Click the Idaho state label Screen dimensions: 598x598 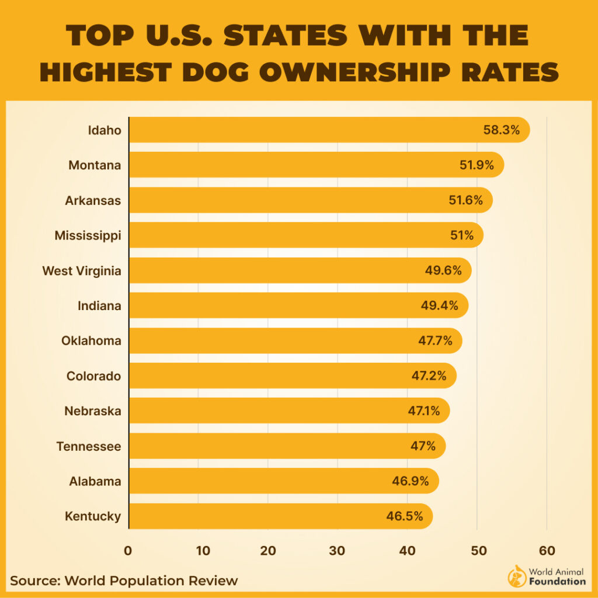(x=105, y=130)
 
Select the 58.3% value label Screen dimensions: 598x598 (x=501, y=130)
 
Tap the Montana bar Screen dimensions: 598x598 (x=292, y=165)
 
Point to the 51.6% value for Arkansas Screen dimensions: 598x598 (x=465, y=200)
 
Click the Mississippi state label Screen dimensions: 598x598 (x=88, y=235)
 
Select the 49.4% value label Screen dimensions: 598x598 (x=439, y=305)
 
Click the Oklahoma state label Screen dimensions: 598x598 (x=91, y=340)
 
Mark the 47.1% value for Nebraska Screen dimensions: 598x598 (x=424, y=411)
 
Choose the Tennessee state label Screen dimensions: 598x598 (x=89, y=446)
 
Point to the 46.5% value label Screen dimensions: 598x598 (x=404, y=516)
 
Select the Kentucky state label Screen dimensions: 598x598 (x=93, y=516)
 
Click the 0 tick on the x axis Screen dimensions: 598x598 (x=128, y=550)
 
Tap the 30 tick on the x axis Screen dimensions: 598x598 (x=337, y=550)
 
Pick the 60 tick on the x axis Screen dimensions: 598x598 (x=547, y=550)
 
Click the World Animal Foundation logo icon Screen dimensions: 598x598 (x=517, y=576)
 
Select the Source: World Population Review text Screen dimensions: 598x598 (x=124, y=580)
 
